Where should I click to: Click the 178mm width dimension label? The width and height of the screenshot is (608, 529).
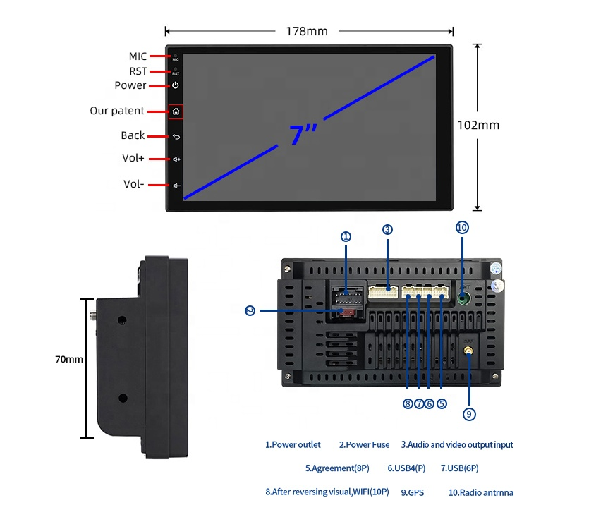click(307, 31)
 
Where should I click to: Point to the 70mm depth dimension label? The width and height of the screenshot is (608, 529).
click(69, 359)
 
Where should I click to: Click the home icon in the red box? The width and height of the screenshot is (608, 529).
click(176, 111)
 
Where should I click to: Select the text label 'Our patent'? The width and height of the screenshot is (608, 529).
click(117, 111)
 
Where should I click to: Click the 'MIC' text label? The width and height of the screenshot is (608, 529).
click(138, 56)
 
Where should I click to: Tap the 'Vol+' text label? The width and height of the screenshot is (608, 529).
click(133, 159)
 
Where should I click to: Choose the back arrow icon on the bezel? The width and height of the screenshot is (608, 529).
click(176, 136)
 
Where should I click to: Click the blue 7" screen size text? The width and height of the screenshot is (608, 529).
click(303, 134)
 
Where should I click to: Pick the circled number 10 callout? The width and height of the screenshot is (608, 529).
click(462, 228)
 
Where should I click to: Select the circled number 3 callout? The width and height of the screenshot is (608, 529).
click(387, 229)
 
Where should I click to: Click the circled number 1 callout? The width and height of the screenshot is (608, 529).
click(346, 237)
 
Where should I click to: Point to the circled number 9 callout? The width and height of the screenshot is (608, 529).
click(470, 414)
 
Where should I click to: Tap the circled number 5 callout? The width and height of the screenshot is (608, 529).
click(442, 404)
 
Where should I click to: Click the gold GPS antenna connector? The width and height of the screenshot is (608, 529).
click(468, 348)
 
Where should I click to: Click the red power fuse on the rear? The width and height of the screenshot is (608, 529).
click(346, 311)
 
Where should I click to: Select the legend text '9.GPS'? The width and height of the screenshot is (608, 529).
click(412, 492)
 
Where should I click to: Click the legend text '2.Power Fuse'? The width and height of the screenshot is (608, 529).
click(364, 445)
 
